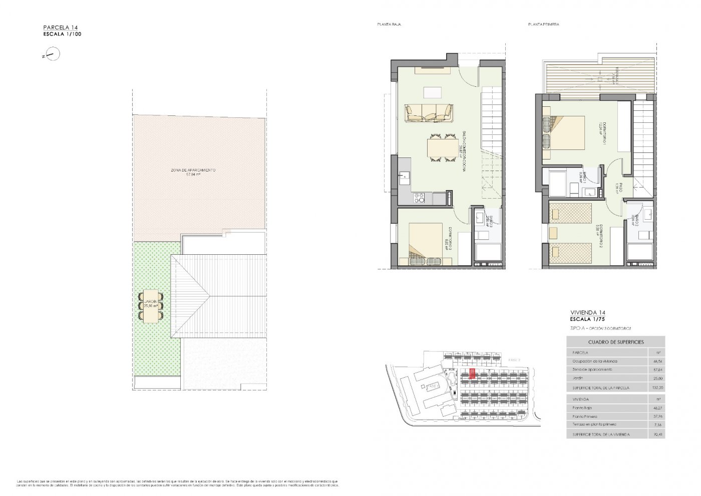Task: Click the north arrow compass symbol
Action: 52,54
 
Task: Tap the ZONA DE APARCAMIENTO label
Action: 193,171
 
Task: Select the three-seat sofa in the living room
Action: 429,113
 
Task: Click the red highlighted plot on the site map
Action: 472,374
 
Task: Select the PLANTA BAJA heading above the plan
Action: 389,25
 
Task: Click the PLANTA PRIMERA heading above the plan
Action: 543,25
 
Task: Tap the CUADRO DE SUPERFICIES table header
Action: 616,342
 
